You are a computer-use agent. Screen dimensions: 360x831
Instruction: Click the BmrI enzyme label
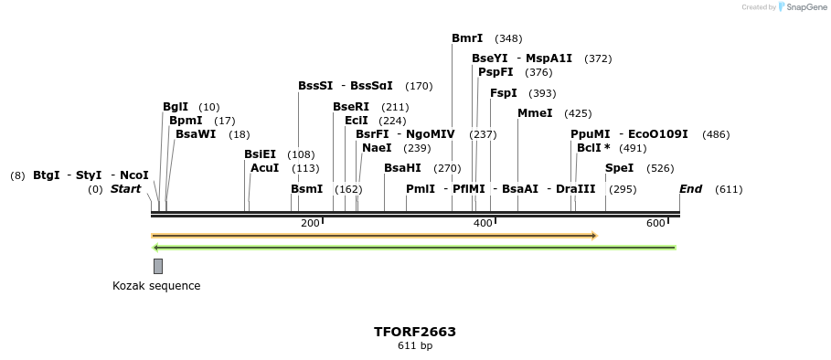point(467,38)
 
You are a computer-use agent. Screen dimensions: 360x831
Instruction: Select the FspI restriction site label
point(504,93)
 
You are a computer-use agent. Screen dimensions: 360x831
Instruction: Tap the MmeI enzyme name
point(535,113)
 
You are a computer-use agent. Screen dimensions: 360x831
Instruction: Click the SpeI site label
point(619,168)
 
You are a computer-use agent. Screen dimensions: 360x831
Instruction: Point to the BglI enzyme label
point(176,107)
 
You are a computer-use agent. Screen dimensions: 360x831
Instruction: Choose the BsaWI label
point(196,134)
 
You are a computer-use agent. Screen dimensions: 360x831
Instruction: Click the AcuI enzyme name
point(264,168)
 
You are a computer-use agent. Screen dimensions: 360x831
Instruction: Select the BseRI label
point(351,107)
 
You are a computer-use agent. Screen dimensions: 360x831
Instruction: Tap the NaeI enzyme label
point(377,148)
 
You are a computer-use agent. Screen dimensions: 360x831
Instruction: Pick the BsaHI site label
point(402,168)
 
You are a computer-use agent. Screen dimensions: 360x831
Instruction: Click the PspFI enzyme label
point(495,72)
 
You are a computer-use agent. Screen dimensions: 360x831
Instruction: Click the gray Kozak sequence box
point(158,266)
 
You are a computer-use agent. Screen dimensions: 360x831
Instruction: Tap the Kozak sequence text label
point(156,286)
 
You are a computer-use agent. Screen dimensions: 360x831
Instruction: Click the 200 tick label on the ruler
point(310,224)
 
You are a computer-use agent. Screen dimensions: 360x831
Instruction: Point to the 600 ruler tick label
point(655,224)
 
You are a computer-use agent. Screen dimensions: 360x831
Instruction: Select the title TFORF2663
point(415,332)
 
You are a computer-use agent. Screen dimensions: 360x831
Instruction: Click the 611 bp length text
point(415,346)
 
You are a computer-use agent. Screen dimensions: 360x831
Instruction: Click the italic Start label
point(126,189)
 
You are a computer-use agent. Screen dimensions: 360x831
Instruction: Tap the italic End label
point(690,189)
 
